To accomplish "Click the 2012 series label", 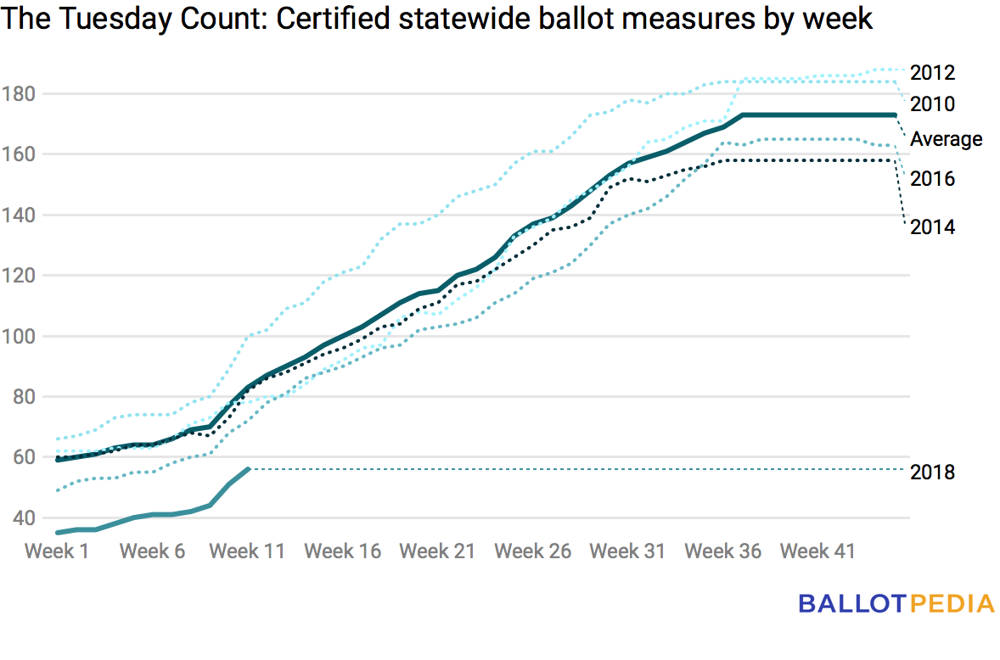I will pyautogui.click(x=932, y=73).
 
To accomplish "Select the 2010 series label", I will pyautogui.click(x=932, y=104).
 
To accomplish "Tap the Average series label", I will pyautogui.click(x=947, y=139).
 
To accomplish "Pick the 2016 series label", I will pyautogui.click(x=932, y=179).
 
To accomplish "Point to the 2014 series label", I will pyautogui.click(x=932, y=227).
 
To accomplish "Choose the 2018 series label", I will pyautogui.click(x=932, y=473).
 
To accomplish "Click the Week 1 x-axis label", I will pyautogui.click(x=57, y=551).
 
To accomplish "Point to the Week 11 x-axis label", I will pyautogui.click(x=247, y=551).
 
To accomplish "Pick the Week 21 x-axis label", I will pyautogui.click(x=437, y=551).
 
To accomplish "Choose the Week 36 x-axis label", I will pyautogui.click(x=722, y=551).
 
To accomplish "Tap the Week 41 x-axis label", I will pyautogui.click(x=817, y=551).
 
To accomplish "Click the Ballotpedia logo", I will pyautogui.click(x=896, y=604).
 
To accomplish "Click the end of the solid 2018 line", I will pyautogui.click(x=248, y=468).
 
